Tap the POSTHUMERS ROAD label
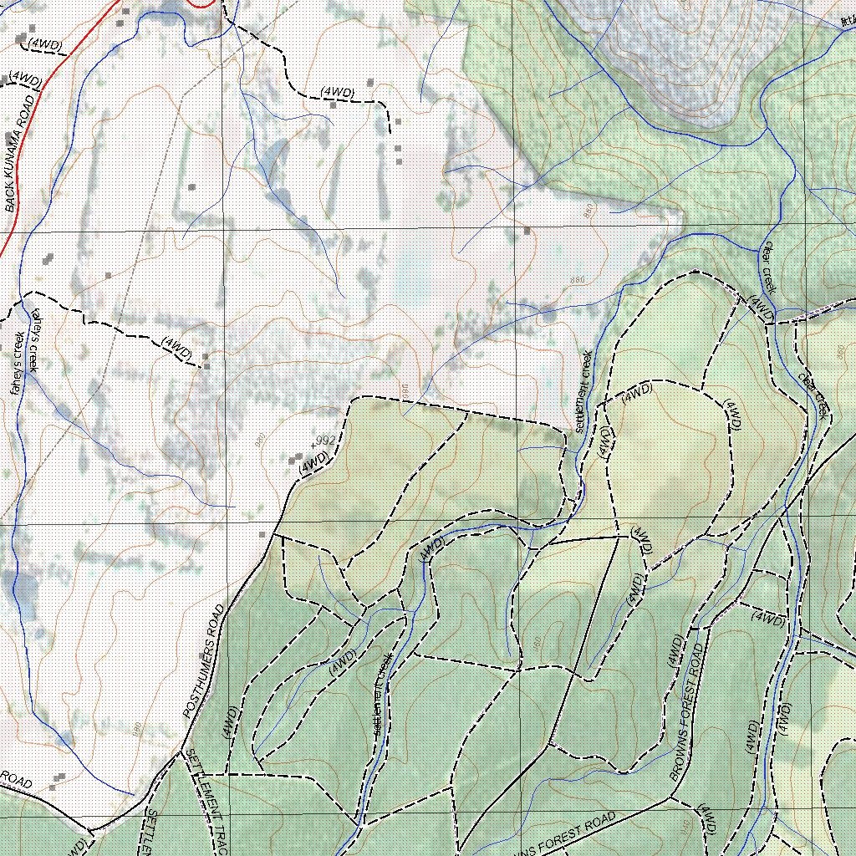coord(203,661)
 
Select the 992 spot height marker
coord(313,441)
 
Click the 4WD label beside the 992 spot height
coord(313,461)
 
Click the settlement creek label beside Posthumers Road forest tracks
coord(382,695)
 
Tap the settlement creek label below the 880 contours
coord(583,390)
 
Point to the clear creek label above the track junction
coord(767,267)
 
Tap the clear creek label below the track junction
coord(813,394)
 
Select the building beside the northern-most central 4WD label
coord(333,105)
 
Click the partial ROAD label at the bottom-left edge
coord(17,781)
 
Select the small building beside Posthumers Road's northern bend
coord(263,532)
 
